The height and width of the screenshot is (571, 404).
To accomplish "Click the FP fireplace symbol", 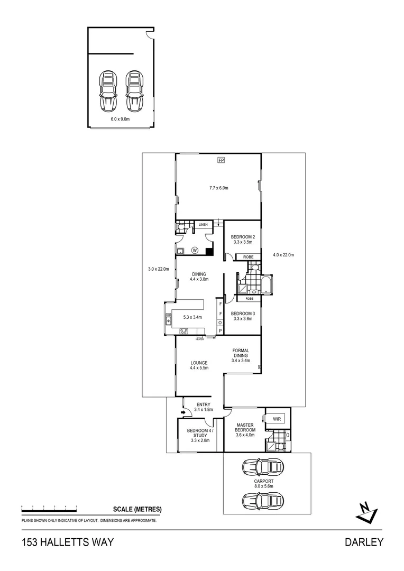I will coord(221,160).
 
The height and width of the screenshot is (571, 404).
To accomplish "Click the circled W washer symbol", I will coord(195,250).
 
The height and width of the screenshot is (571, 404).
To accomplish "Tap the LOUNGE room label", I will coord(199,365).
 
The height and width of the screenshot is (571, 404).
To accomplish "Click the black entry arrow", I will coord(183,412).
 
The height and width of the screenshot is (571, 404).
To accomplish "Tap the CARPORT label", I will coord(263,484).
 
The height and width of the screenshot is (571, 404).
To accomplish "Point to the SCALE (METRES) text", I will coord(137,510).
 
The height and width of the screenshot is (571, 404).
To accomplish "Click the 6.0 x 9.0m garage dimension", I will coord(120,119).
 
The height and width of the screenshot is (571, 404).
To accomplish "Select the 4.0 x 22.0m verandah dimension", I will coord(283,255).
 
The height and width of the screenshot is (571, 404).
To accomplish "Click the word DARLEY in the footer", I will coord(364,542).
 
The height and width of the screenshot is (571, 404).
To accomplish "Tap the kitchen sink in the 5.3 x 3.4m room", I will coord(169,320).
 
